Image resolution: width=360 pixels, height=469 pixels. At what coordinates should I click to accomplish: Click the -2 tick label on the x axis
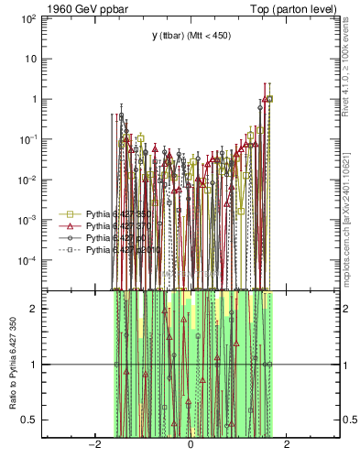click(x=93, y=445)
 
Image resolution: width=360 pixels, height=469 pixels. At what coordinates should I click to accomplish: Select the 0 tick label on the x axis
click(x=191, y=445)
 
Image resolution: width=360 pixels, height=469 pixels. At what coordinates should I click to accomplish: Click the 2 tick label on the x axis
click(x=287, y=445)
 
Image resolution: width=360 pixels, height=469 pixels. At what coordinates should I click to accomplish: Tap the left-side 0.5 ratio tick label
click(x=37, y=420)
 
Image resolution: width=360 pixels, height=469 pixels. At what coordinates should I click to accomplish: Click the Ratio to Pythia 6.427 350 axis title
click(x=14, y=363)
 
